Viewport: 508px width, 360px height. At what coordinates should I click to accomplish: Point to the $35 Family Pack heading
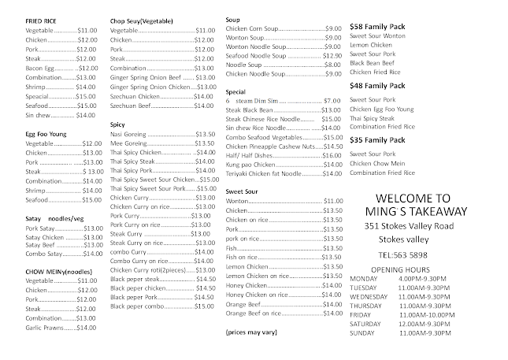tap(379, 140)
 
